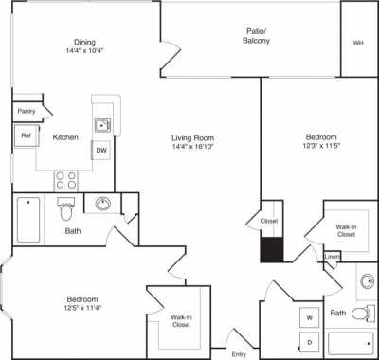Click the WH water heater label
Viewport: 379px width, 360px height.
[358, 43]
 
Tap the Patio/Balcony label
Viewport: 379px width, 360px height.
[254, 37]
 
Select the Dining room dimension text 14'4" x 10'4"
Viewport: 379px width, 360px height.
[84, 52]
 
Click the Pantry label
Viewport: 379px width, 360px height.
[26, 112]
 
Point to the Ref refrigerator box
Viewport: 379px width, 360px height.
[25, 136]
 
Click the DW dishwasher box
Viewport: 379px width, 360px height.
[101, 149]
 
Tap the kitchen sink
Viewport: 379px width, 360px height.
[102, 124]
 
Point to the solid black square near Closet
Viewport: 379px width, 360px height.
[271, 250]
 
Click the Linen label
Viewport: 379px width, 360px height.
[332, 257]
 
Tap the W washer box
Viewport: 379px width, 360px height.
[309, 316]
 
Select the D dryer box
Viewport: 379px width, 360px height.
[309, 340]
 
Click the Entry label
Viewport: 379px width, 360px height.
[239, 353]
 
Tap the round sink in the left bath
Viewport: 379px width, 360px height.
[102, 205]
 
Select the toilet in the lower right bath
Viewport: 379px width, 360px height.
[358, 313]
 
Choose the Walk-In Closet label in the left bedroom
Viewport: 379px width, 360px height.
[180, 321]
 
